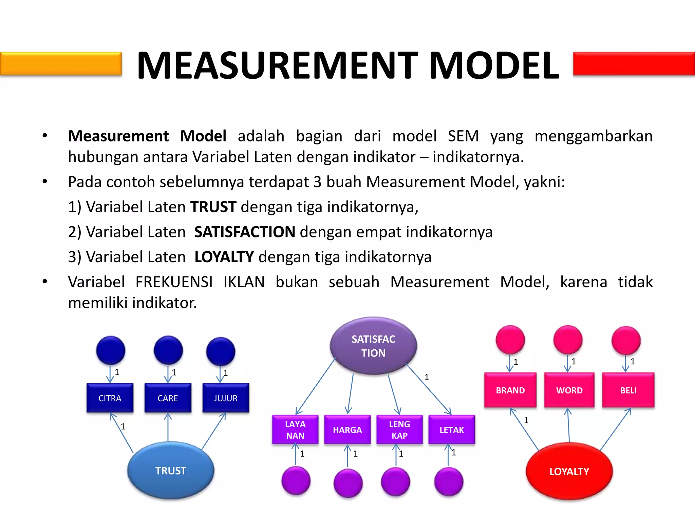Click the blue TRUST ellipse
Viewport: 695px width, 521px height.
coord(171,470)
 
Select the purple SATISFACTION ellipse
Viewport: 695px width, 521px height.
coord(373,346)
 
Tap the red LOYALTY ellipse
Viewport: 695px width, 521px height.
coord(569,471)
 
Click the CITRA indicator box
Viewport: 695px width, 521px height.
coord(110,398)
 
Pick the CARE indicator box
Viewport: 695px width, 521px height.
coord(168,398)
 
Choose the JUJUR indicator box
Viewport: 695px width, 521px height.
coord(226,398)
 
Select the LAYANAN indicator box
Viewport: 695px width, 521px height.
coord(295,429)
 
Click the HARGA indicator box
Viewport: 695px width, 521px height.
coord(347,429)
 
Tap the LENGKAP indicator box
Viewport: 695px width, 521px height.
coord(399,429)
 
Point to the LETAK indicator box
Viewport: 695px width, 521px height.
coord(452,429)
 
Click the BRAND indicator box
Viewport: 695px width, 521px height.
coord(510,390)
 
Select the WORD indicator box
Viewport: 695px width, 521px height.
coord(569,390)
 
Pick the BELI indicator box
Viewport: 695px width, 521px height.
coord(628,390)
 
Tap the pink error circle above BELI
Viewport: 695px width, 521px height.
coord(626,340)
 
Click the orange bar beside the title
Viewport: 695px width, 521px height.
coord(61,63)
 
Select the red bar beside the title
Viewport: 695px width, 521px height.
coord(634,63)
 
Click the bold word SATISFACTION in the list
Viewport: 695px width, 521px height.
coord(244,232)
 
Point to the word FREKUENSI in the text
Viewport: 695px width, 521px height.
coord(174,282)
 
